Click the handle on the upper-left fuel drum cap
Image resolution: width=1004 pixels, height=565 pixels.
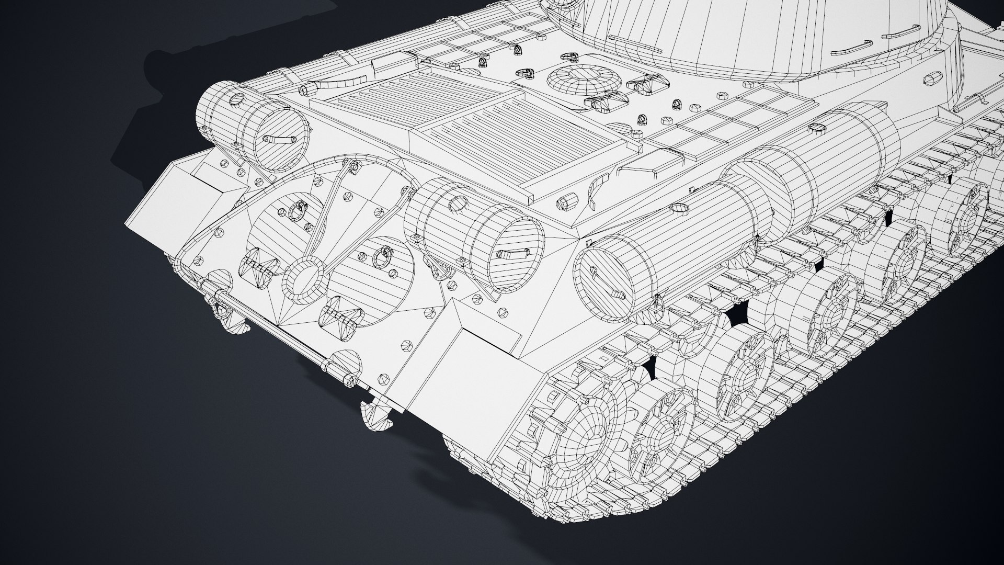click(x=277, y=140)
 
